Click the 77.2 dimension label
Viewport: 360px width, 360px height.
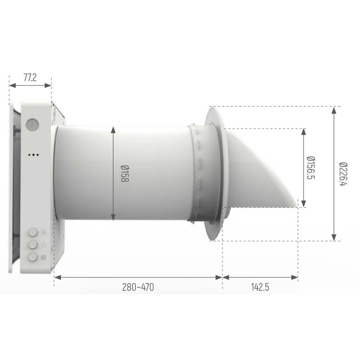[30, 78]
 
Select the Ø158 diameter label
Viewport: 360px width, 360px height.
[124, 174]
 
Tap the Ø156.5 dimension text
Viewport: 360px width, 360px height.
[311, 167]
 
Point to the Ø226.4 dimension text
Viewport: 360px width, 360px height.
[344, 174]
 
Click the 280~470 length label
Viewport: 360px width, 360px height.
[138, 287]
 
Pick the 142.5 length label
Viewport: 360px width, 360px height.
[260, 287]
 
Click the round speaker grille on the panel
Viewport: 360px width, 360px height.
[32, 124]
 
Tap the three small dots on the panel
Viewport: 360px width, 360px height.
[33, 155]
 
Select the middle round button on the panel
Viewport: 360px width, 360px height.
[33, 244]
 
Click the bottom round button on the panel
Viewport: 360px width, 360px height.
[33, 257]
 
